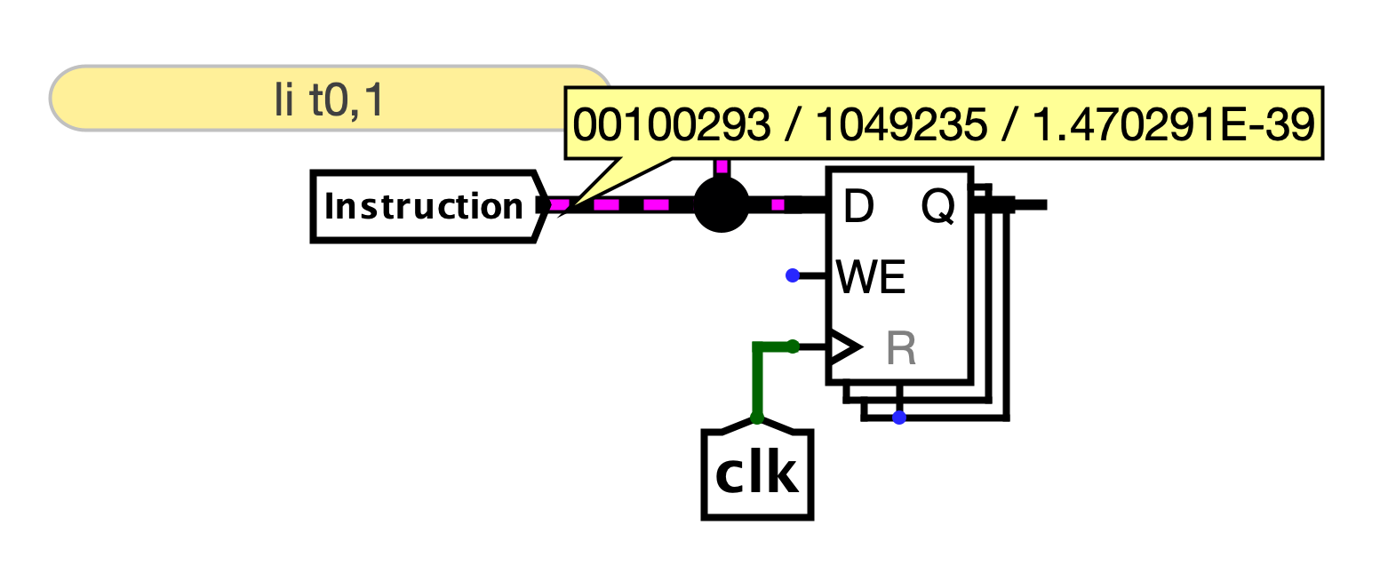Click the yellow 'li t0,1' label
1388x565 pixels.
[x=329, y=99]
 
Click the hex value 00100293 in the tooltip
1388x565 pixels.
[x=672, y=125]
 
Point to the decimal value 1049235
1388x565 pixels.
[x=900, y=125]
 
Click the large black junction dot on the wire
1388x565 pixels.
[x=721, y=205]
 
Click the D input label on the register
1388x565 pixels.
[x=858, y=207]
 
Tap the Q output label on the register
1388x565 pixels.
[x=937, y=207]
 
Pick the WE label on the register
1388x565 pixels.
[x=871, y=279]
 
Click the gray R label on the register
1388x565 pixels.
[x=901, y=350]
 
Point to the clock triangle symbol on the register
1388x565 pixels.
[x=843, y=346]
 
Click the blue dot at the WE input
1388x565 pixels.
[x=793, y=275]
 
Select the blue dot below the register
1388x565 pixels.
[x=899, y=417]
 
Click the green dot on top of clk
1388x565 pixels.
[x=757, y=417]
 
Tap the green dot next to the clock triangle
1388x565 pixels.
[x=794, y=346]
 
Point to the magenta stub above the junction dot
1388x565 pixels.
[x=722, y=166]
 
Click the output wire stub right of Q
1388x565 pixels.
[x=1031, y=205]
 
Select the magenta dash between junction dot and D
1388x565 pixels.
[x=778, y=205]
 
